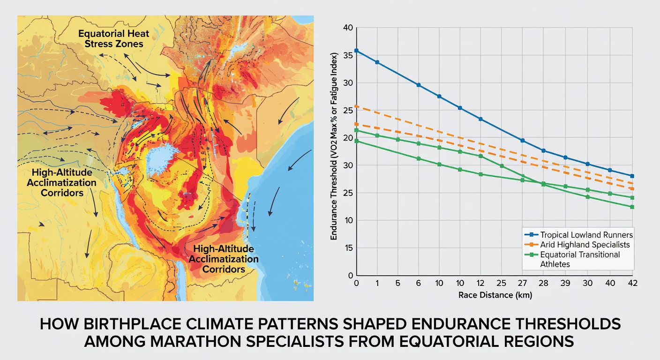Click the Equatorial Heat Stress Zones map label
tap(114, 38)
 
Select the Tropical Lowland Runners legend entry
tap(579, 235)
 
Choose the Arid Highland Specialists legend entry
tap(577, 245)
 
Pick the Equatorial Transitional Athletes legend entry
tap(572, 259)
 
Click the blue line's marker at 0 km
tap(356, 51)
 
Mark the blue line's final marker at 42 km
tap(632, 176)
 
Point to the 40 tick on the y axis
tap(348, 28)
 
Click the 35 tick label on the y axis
tap(348, 55)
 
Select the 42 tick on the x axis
tap(633, 283)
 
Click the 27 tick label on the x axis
tap(522, 283)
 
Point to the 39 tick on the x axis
tap(565, 283)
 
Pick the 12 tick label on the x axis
tap(480, 283)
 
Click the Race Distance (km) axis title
tap(495, 295)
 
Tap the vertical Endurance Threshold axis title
tap(334, 146)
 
